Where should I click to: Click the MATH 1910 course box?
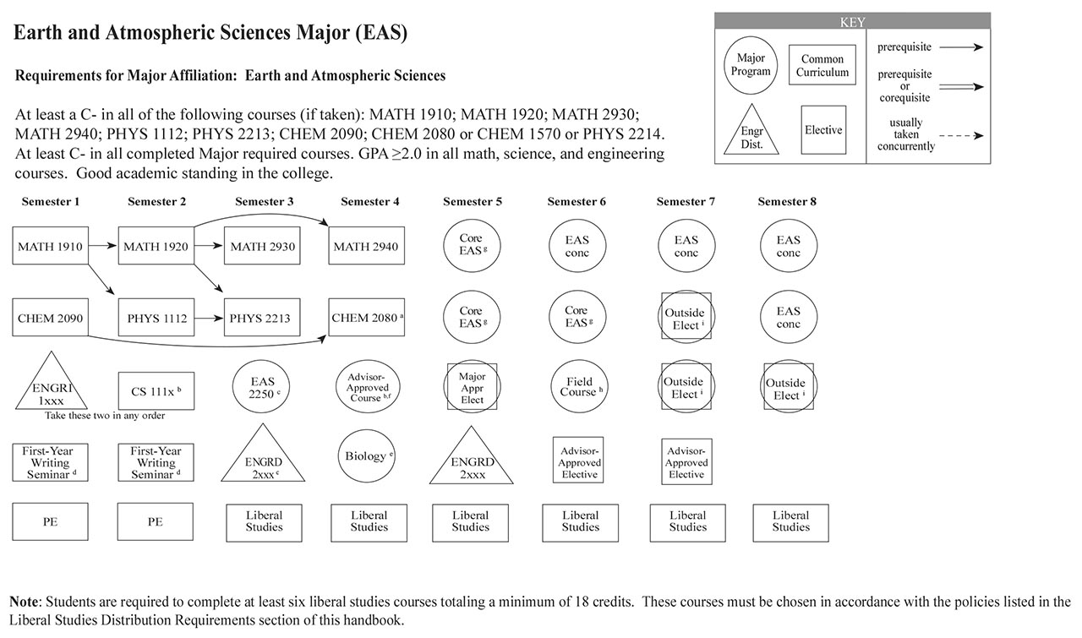(x=51, y=247)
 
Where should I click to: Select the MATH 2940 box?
(x=367, y=247)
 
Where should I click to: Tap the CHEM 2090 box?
(x=51, y=318)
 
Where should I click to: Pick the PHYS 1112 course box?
(x=155, y=318)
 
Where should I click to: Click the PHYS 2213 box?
(x=261, y=318)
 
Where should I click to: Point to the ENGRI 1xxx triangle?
(x=50, y=387)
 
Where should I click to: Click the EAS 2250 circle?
(x=263, y=388)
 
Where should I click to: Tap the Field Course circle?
(x=580, y=387)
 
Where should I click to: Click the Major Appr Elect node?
(x=472, y=388)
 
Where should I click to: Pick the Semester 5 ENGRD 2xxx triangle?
(x=472, y=463)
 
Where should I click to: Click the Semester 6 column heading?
(x=577, y=202)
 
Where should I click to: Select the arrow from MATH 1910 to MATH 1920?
(x=103, y=247)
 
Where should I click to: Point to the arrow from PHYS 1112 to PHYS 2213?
(x=209, y=318)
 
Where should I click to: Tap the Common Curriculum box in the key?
(x=822, y=66)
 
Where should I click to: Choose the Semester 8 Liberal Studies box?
(x=790, y=521)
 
